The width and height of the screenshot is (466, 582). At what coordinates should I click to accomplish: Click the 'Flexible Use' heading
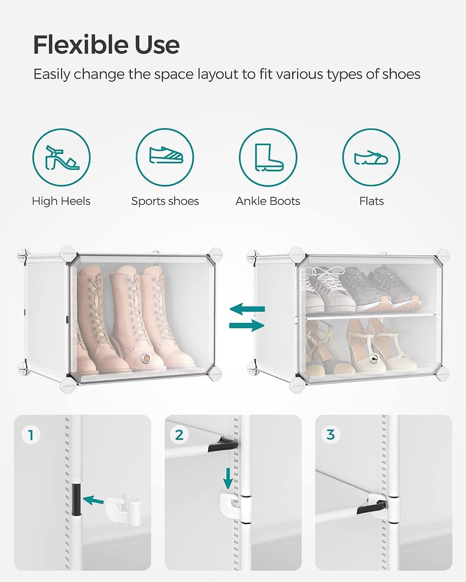106,45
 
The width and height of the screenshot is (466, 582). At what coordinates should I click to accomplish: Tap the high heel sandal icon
61,158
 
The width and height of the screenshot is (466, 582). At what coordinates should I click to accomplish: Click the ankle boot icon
268,157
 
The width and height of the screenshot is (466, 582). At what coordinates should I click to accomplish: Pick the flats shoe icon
371,157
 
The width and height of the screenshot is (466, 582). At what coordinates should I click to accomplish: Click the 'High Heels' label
61,201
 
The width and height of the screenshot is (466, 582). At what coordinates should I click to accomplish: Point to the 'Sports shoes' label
165,201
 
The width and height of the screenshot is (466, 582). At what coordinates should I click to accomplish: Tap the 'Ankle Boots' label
268,201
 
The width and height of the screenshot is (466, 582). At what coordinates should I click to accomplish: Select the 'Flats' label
371,201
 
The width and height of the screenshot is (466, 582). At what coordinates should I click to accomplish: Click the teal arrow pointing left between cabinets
247,310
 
